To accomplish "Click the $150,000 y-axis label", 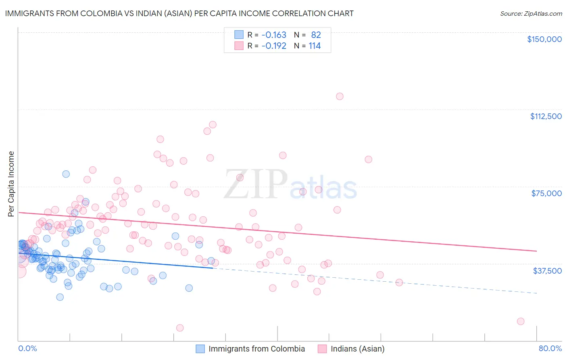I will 544,39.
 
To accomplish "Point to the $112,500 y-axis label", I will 546,116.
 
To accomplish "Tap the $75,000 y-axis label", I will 546,193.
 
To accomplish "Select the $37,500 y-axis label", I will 547,271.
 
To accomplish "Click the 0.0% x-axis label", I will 27,348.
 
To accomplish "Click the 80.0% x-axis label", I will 550,348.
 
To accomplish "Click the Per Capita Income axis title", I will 11,184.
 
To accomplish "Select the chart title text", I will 179,13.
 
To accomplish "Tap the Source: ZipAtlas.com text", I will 531,13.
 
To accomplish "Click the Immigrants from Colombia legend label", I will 256,349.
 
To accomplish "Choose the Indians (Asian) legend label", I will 357,349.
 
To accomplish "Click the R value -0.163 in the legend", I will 273,35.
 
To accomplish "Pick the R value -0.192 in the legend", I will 273,46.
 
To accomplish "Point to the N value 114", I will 315,46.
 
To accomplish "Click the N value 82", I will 316,35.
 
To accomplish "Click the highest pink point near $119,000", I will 340,96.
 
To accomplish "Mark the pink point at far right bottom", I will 521,321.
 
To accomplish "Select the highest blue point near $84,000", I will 66,174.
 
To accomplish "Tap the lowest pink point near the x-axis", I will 180,328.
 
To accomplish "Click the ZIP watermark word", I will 255,185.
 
